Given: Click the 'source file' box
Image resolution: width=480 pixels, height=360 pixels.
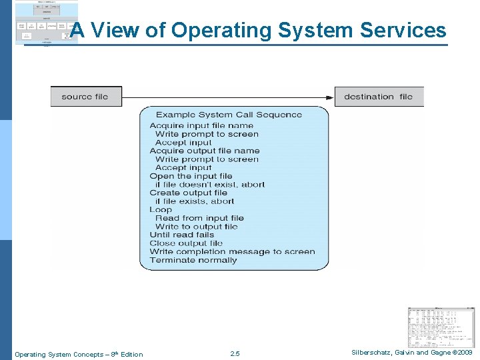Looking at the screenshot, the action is coord(85,97).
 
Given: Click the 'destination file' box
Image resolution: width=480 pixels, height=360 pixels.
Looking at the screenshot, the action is coord(378,97).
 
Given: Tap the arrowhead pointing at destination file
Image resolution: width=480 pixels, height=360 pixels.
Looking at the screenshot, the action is coord(330,97).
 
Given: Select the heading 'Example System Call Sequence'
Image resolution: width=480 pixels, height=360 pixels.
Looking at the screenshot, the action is coord(229,115).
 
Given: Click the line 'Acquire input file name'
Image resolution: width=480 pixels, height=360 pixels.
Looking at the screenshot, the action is coord(201,125).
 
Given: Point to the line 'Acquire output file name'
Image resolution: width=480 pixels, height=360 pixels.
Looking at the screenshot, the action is coord(204,151).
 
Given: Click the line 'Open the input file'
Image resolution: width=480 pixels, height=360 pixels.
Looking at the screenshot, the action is coord(191,176).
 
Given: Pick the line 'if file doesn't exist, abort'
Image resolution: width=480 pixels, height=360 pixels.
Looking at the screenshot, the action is coord(210,185).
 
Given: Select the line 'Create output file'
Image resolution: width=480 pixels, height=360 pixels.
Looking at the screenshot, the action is coord(188,193).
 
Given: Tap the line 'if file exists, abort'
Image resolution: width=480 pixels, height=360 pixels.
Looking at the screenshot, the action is coord(195,201).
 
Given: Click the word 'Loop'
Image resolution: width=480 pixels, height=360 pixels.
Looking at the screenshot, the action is coord(161,209).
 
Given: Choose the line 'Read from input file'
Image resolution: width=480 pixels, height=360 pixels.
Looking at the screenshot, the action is coord(199,218).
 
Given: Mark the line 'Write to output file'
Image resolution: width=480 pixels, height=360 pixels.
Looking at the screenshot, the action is coord(196,227).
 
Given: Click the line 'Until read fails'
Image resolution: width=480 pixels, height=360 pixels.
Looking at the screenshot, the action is coord(182,235).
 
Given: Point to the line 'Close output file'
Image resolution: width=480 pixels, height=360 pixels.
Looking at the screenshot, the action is coord(186,243).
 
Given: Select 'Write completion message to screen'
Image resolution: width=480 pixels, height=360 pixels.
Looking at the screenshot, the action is coord(232,251).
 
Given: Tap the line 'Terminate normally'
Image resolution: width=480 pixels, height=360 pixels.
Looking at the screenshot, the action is coord(193,260).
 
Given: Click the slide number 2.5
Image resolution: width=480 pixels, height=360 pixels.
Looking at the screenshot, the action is coord(234,354).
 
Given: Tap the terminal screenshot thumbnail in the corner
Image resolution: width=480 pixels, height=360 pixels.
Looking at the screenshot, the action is coord(441,327).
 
